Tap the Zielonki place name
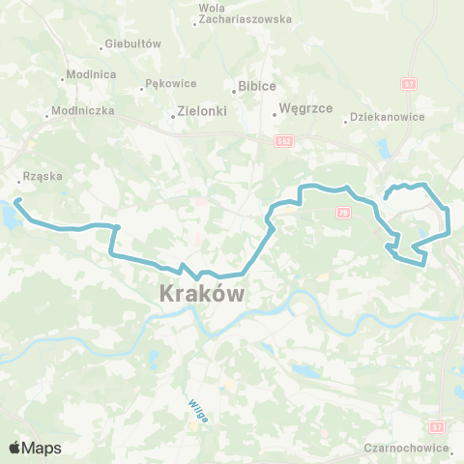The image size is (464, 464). [202, 111]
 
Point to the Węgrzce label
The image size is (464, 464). [304, 109]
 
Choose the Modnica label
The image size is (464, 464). [92, 75]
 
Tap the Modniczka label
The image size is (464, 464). [83, 111]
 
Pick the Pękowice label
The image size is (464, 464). [169, 84]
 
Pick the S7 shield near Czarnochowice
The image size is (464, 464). [437, 425]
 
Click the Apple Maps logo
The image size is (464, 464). [35, 448]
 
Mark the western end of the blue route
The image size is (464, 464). [16, 201]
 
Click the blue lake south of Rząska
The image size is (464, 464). [8, 217]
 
